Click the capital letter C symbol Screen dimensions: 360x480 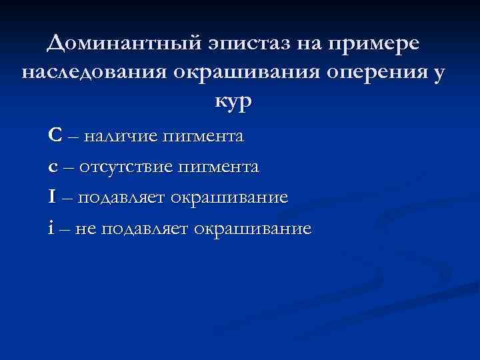(56, 136)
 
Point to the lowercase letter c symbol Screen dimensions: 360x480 (53, 167)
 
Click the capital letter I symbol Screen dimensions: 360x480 (53, 197)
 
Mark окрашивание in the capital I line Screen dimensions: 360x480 (229, 199)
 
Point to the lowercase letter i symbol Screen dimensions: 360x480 (51, 228)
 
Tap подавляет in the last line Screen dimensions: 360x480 (146, 229)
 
